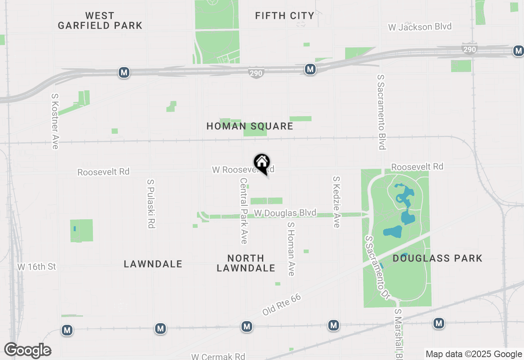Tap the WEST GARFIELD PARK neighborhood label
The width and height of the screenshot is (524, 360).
click(x=100, y=21)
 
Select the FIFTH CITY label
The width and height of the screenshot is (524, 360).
click(x=285, y=16)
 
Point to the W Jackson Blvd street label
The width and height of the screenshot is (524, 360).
click(x=420, y=27)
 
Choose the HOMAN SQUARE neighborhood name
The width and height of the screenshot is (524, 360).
click(x=250, y=126)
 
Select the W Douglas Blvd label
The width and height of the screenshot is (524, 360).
click(x=285, y=213)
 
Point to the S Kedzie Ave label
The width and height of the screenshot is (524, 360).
click(x=337, y=202)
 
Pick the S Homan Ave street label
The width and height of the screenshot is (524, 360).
click(x=291, y=249)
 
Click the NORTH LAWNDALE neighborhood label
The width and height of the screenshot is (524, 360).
click(x=246, y=263)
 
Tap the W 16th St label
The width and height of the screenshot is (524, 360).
click(x=36, y=267)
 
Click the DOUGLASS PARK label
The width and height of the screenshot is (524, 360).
click(x=437, y=259)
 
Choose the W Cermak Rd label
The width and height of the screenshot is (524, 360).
click(x=218, y=356)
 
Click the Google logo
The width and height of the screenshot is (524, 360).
click(x=27, y=351)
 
